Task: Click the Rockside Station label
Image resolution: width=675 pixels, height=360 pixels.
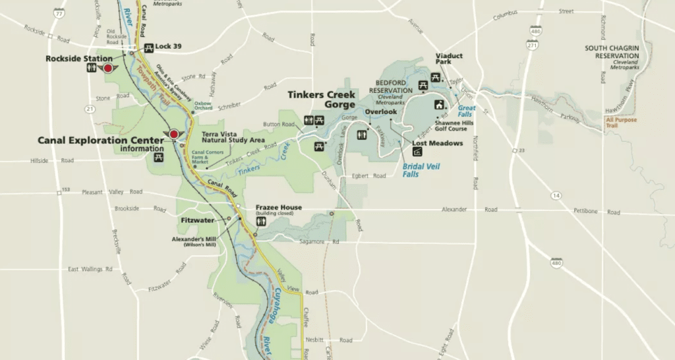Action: click(79, 59)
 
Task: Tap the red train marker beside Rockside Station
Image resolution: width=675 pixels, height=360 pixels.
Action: click(109, 68)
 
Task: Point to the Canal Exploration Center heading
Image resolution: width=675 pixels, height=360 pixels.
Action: click(100, 140)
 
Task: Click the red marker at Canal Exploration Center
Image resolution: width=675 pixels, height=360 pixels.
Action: click(174, 135)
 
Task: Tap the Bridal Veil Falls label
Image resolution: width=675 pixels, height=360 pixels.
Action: click(420, 170)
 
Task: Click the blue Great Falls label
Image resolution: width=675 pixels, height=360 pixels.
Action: click(467, 111)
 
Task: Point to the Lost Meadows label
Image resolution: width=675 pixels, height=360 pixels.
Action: click(437, 143)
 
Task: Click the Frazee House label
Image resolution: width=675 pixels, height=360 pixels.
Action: click(279, 208)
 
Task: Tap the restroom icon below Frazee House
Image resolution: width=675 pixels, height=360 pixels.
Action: click(261, 222)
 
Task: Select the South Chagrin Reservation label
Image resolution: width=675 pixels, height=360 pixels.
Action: click(614, 52)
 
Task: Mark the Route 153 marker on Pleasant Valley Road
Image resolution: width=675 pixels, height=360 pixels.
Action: click(65, 190)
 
